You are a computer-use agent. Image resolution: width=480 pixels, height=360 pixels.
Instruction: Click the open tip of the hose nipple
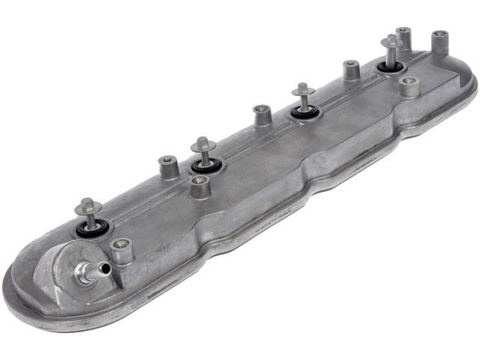click(x=105, y=268)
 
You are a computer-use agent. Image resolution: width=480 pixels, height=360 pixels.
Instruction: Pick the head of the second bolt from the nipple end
click(x=203, y=142)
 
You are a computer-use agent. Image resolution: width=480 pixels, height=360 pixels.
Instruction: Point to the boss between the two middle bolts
click(x=262, y=115)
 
